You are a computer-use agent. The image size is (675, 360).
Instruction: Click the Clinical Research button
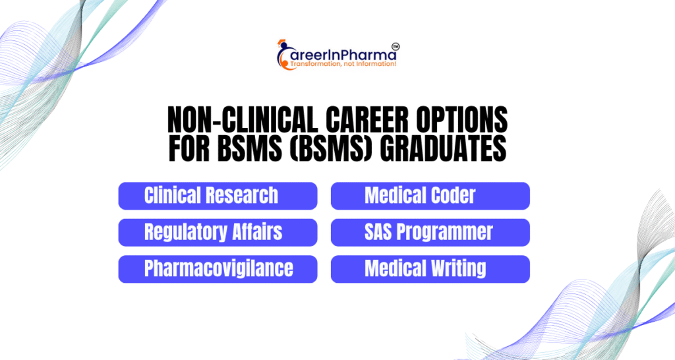tap(218, 196)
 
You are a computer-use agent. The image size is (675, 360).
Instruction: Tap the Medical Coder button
tap(430, 196)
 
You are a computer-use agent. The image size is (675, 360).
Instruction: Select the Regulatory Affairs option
tap(218, 233)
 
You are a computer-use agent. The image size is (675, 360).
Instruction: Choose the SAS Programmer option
tap(430, 233)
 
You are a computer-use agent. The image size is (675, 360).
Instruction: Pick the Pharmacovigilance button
tap(218, 269)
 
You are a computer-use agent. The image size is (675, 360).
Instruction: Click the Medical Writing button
tap(430, 269)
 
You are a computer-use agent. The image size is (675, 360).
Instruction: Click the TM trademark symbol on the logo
tap(396, 46)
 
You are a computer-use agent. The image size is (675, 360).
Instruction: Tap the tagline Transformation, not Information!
tap(343, 64)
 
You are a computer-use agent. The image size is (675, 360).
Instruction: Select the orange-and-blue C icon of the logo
tap(284, 54)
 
